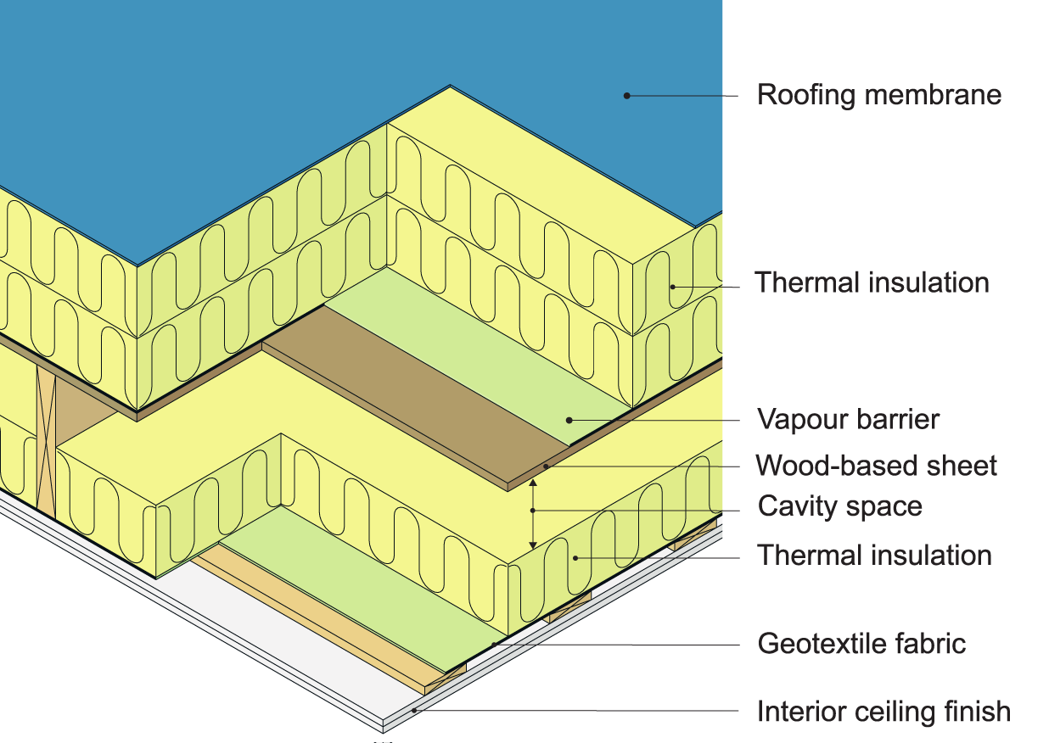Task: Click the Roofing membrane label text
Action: (x=878, y=94)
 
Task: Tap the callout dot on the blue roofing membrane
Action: (x=626, y=96)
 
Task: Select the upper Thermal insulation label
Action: (x=872, y=282)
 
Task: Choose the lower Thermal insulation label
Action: (x=874, y=556)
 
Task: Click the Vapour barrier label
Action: (x=848, y=419)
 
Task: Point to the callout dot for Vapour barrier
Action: (x=569, y=419)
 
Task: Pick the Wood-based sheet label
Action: (x=876, y=466)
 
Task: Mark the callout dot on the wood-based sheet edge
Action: (x=547, y=466)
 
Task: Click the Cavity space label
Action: (x=839, y=506)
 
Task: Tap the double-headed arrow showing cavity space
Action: (x=533, y=512)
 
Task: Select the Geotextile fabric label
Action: (x=861, y=643)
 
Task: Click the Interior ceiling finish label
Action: (x=884, y=711)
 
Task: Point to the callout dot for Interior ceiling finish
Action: (x=414, y=711)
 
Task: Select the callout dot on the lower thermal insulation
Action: (x=575, y=557)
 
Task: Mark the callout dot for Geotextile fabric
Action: (x=492, y=645)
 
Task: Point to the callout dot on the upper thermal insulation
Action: (x=672, y=286)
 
